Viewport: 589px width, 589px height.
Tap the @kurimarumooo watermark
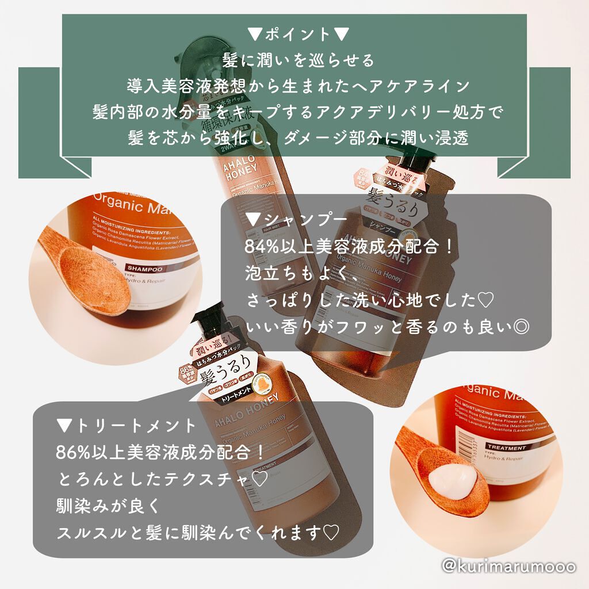coord(508,567)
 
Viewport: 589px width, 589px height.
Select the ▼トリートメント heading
coord(127,426)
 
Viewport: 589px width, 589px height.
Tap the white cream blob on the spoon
coord(452,477)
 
